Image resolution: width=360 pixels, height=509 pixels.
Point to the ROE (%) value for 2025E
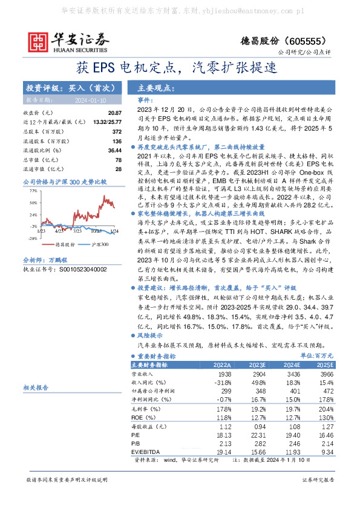(x=325, y=417)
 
